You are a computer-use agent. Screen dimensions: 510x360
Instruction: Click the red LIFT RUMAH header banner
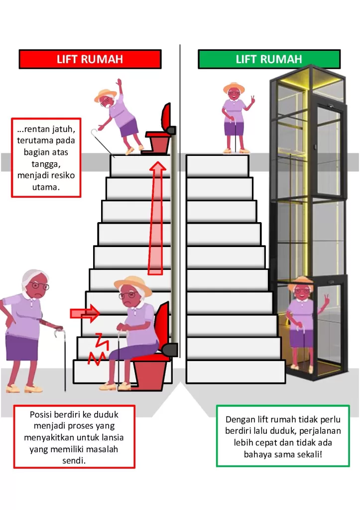pyautogui.click(x=90, y=59)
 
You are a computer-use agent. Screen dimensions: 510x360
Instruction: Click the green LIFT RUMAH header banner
pyautogui.click(x=269, y=59)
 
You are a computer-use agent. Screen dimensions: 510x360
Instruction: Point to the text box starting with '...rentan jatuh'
pyautogui.click(x=46, y=157)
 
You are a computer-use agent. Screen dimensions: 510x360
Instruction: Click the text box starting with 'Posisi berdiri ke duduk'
pyautogui.click(x=74, y=437)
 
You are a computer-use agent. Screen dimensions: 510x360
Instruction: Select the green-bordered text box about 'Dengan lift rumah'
pyautogui.click(x=283, y=436)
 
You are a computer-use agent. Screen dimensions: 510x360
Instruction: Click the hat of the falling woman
pyautogui.click(x=105, y=94)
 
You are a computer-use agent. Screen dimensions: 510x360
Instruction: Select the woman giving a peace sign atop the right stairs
pyautogui.click(x=235, y=117)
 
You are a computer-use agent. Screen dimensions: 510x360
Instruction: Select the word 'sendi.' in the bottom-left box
pyautogui.click(x=74, y=461)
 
